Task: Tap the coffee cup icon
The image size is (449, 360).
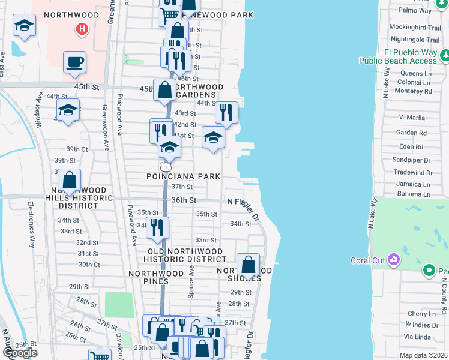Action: coord(74,62)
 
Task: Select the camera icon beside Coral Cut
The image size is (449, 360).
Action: coord(394,260)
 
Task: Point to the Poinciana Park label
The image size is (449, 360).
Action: coord(184,176)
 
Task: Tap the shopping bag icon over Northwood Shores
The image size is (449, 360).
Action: coord(248,265)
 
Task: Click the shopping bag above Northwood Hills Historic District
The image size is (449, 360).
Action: coord(70,180)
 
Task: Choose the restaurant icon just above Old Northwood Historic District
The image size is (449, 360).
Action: coord(157,227)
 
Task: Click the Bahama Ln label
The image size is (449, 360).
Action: coord(414,194)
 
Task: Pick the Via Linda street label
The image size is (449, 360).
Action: coord(418,337)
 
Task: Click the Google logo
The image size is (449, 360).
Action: coord(20,353)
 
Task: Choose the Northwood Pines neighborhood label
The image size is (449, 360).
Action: coord(156,273)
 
